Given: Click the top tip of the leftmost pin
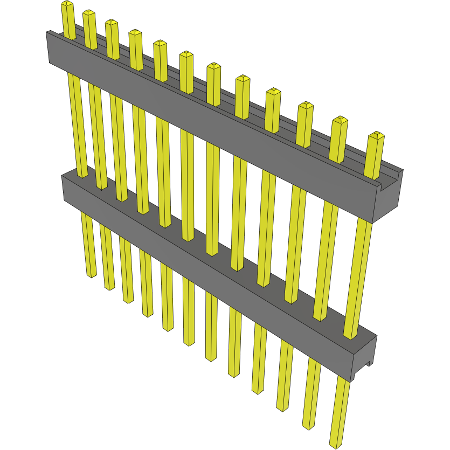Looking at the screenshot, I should [x=67, y=4].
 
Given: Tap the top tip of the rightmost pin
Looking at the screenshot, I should [x=376, y=134].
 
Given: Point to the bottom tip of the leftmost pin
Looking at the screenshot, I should [x=92, y=275].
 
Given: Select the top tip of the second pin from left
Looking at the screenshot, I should [x=88, y=12].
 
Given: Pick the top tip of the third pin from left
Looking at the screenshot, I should [x=111, y=22].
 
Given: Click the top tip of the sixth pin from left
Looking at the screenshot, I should [x=186, y=54].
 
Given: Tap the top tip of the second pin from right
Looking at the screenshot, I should [x=339, y=119].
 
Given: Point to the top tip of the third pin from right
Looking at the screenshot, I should [x=306, y=105].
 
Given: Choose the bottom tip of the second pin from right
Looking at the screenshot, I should [x=308, y=427].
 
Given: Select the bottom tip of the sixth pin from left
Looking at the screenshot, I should [x=189, y=343].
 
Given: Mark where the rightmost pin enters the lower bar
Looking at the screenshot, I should [x=351, y=336].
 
